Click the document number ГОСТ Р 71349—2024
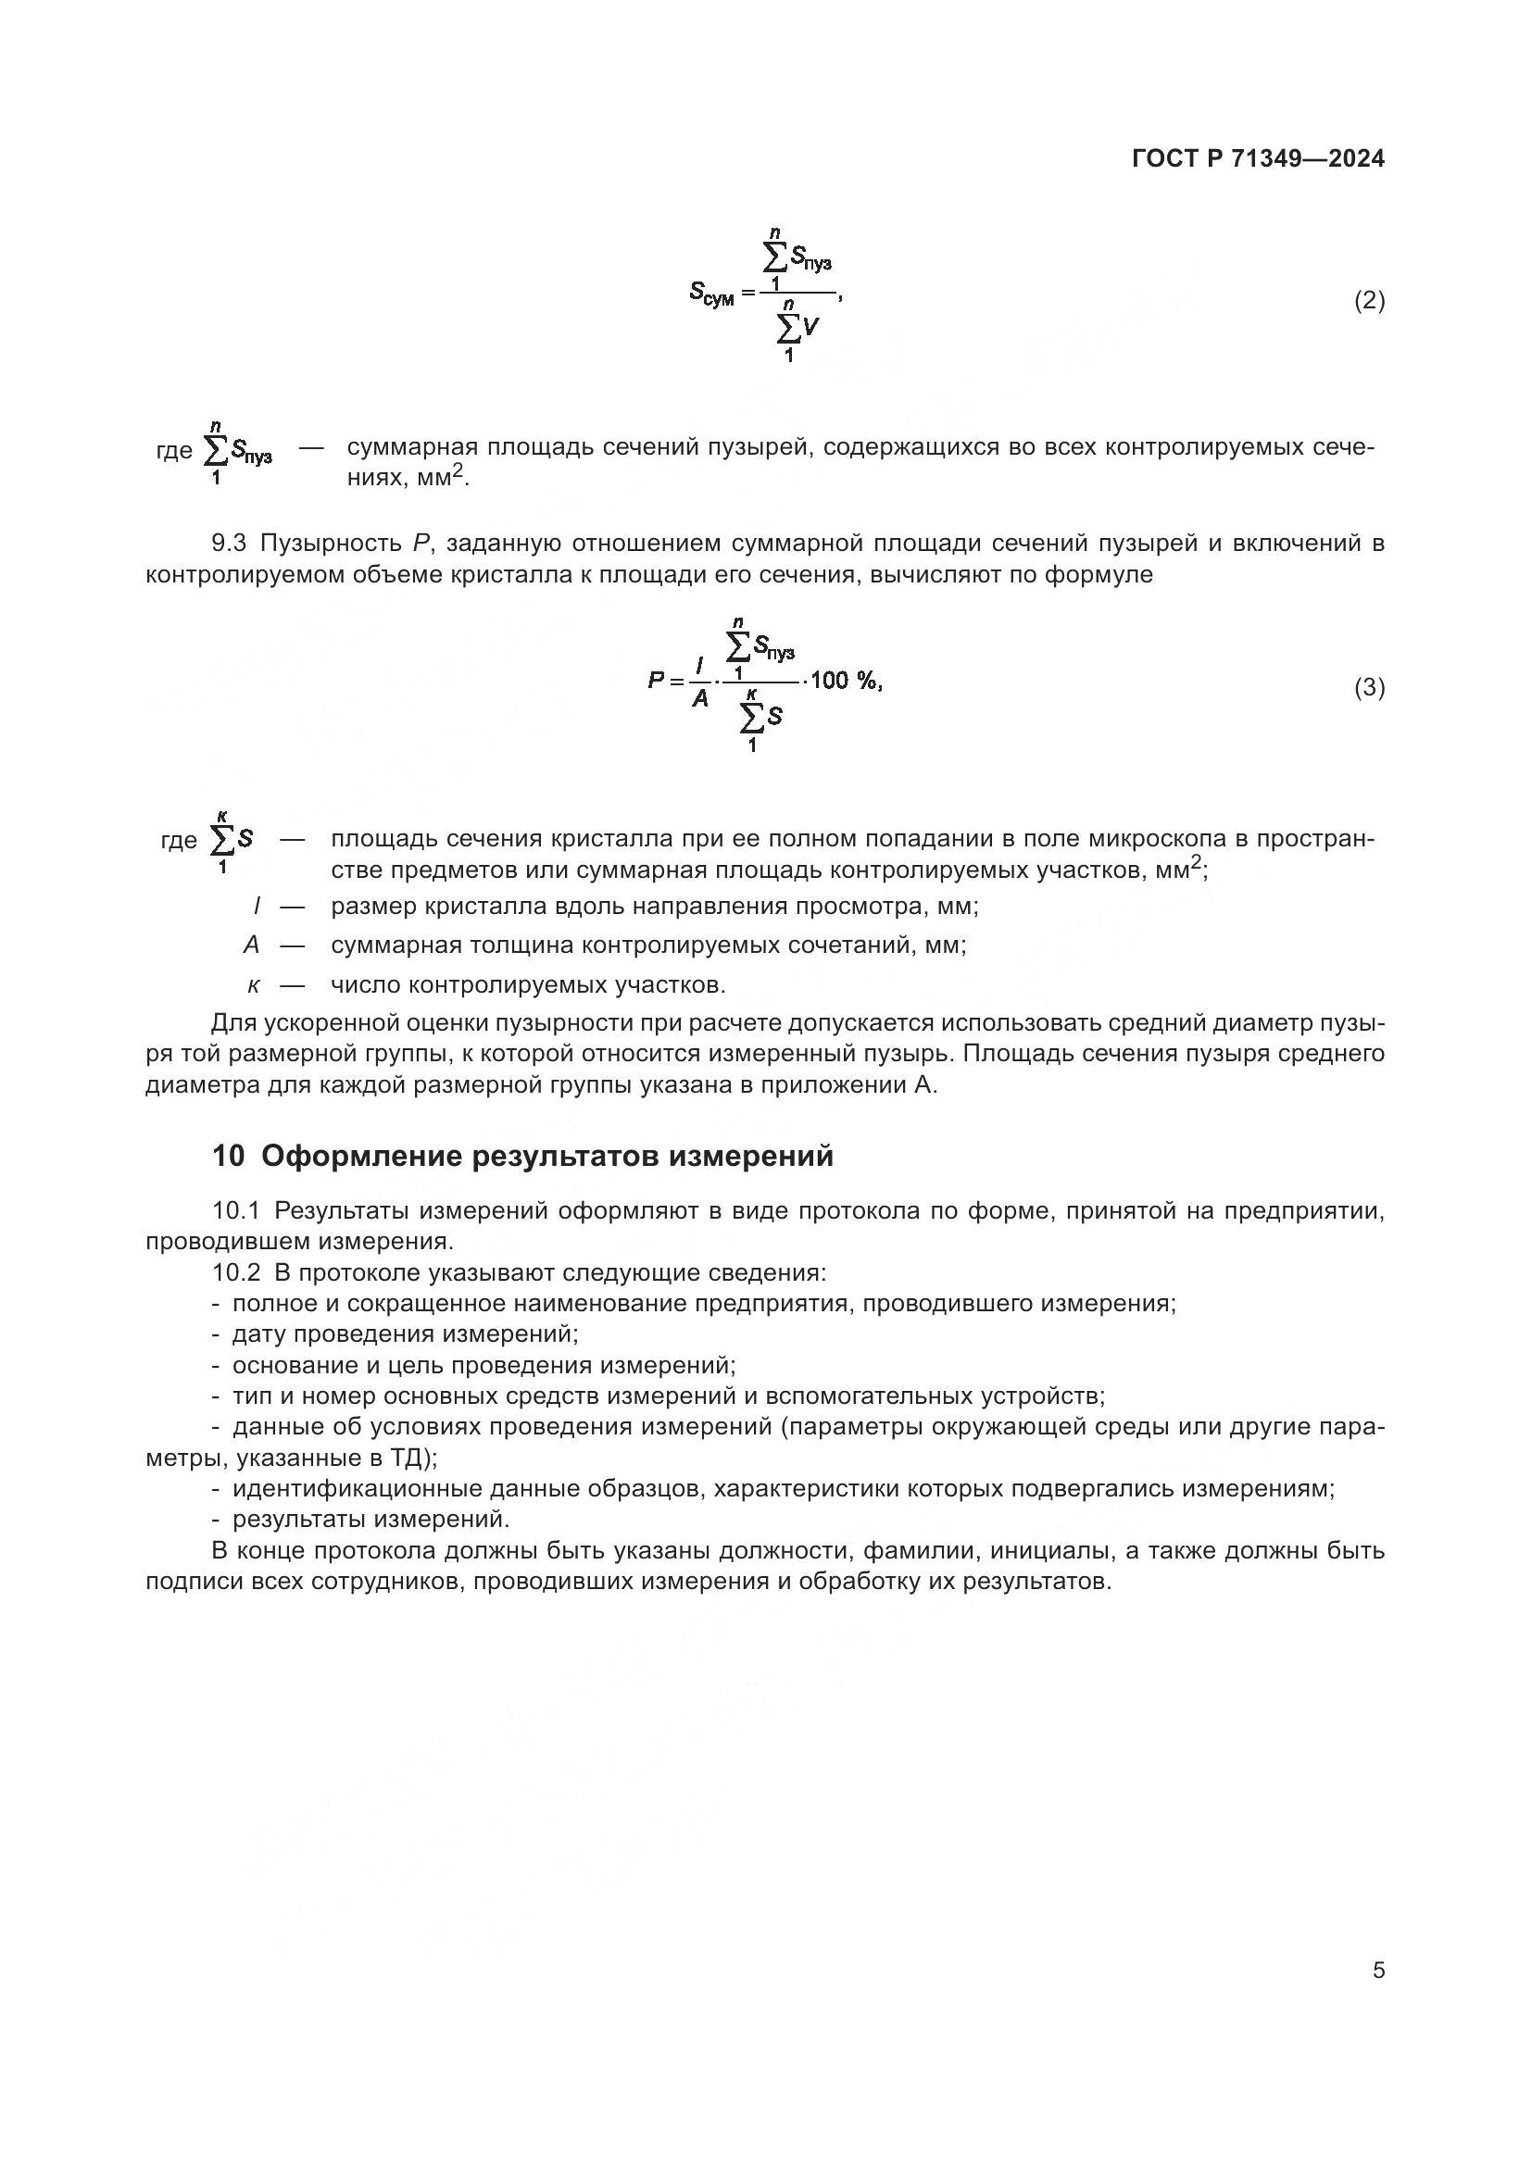tap(1258, 158)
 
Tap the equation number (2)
tap(1369, 301)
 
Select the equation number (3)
tap(1369, 688)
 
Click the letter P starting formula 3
tap(657, 681)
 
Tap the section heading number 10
tap(227, 1156)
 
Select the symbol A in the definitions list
tap(251, 945)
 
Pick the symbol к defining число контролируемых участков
tap(253, 985)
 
